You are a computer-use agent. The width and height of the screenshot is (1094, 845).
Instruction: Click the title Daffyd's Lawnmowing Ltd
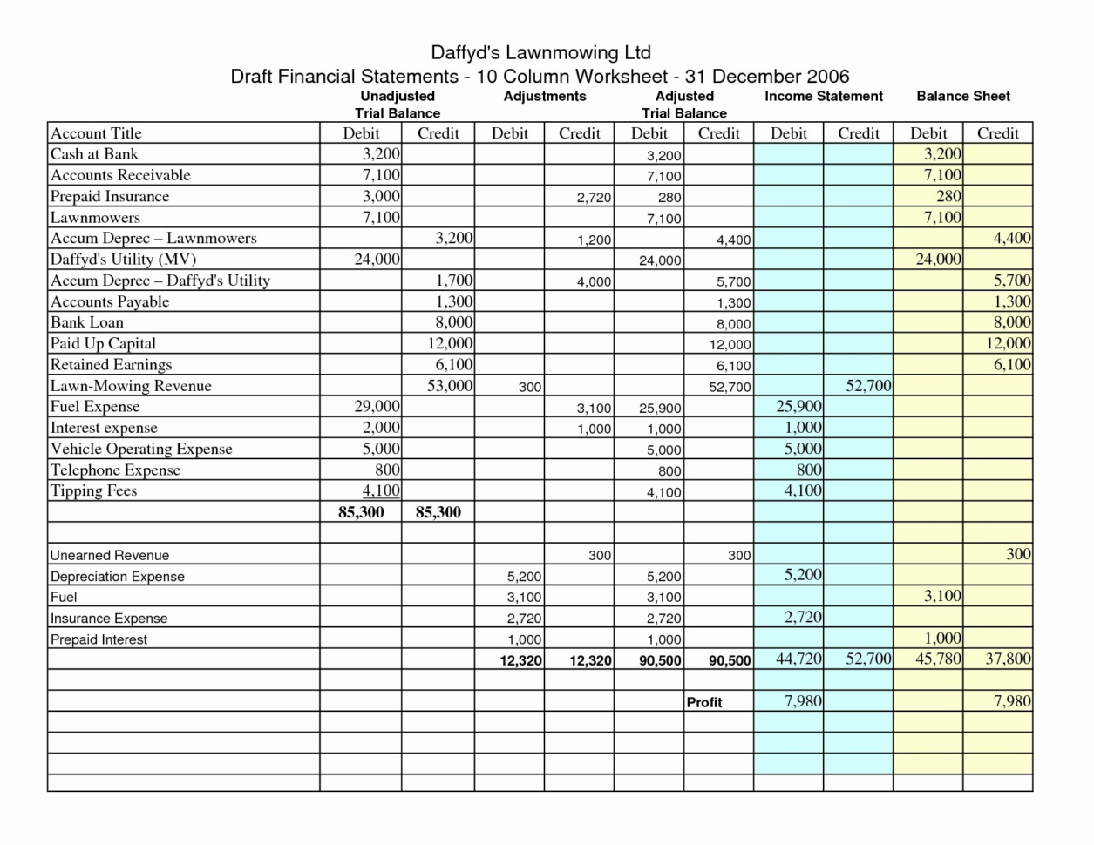pos(540,52)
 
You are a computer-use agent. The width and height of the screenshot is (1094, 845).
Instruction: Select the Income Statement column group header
pos(823,97)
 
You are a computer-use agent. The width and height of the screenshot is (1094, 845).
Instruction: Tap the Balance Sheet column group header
pos(963,97)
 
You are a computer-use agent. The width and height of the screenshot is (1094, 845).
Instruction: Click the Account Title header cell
pos(96,133)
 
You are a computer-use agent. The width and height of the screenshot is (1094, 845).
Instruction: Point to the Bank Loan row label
pos(87,322)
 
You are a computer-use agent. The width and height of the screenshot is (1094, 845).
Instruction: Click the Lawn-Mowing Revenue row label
pos(131,386)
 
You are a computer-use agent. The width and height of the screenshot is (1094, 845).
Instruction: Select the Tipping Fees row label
pos(93,490)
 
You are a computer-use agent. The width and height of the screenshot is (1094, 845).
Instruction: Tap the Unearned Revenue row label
pos(110,555)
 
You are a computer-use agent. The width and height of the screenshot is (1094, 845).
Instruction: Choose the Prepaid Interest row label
pos(99,639)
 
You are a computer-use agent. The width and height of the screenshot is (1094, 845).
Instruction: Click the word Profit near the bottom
pos(704,702)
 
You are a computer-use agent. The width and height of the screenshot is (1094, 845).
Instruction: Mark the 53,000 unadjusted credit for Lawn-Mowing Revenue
pos(450,386)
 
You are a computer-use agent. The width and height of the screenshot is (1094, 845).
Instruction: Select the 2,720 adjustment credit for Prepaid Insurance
pos(594,198)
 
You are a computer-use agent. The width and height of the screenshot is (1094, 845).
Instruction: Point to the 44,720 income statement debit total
pos(798,659)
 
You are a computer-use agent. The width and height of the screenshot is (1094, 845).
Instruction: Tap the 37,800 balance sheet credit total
pos(1008,659)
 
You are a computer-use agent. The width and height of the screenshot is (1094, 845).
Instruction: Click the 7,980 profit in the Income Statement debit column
pos(803,700)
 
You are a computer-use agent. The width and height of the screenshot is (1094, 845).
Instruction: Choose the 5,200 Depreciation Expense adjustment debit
pos(524,577)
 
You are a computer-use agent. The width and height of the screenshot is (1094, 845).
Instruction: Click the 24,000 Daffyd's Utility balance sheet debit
pos(938,259)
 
